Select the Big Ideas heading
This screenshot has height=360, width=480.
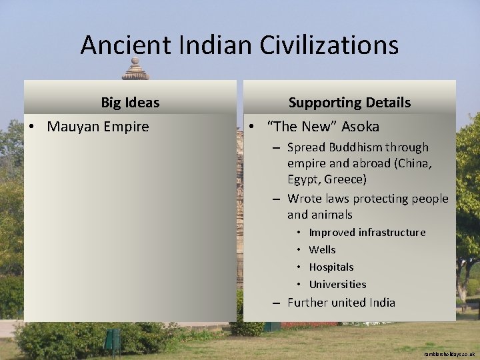(130, 103)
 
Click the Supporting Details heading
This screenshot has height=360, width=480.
(349, 103)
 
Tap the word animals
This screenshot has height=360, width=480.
(331, 215)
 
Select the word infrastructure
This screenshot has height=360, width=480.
(391, 233)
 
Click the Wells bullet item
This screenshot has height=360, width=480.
(322, 250)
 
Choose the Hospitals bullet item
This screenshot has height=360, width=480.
(331, 267)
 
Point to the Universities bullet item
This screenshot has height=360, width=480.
(337, 285)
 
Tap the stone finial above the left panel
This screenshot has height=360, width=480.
(135, 69)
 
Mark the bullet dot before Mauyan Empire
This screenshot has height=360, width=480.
(33, 127)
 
